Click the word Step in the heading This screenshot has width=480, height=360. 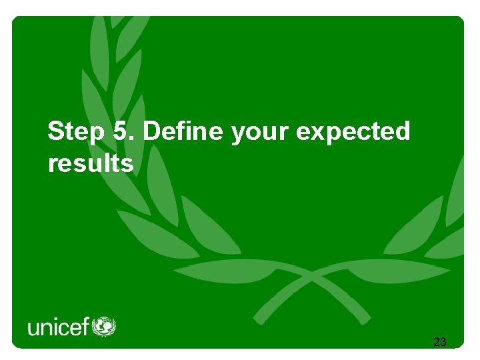[76, 132]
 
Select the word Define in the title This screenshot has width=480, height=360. [183, 132]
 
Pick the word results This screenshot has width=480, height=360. [91, 163]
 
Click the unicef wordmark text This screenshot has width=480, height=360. [58, 328]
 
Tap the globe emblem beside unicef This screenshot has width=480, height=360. [103, 327]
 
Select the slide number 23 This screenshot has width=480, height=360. [439, 343]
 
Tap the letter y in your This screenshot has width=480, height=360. [237, 135]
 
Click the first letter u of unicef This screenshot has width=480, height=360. [33, 329]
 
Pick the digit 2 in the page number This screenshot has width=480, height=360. [436, 343]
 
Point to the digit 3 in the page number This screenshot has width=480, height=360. [443, 343]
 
